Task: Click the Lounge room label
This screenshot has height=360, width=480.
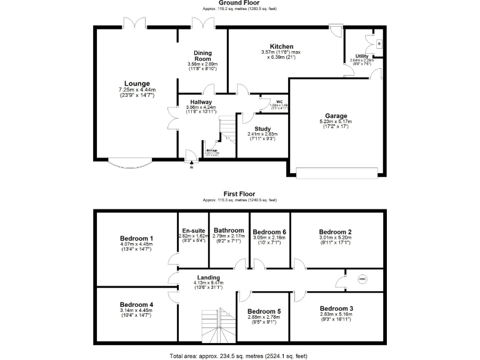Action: (x=136, y=84)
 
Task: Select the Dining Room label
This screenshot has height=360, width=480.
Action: (x=201, y=56)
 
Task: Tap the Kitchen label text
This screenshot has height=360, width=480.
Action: (x=281, y=46)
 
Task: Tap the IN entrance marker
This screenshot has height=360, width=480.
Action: (x=191, y=166)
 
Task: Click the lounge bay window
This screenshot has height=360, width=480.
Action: (x=130, y=164)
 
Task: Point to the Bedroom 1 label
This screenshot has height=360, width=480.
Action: (x=136, y=239)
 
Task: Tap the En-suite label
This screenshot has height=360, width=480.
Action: (x=192, y=231)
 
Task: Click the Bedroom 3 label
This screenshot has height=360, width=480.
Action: (x=336, y=309)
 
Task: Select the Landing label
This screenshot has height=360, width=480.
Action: (x=208, y=277)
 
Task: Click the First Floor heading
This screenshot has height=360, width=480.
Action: (x=240, y=194)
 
